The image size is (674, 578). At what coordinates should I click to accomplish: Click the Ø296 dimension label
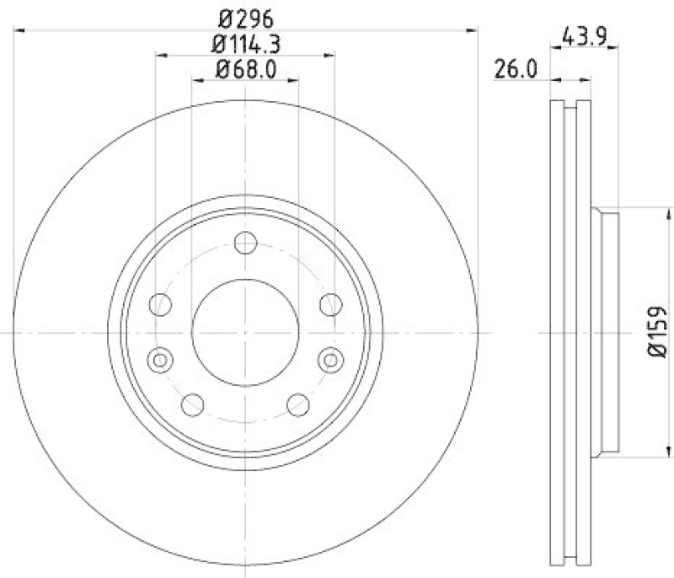(245, 16)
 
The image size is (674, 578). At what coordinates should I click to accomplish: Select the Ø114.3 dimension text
(245, 43)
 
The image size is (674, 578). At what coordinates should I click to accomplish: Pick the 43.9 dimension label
(585, 37)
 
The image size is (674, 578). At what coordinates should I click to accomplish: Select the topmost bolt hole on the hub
(245, 244)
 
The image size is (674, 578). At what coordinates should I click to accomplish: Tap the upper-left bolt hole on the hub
(160, 304)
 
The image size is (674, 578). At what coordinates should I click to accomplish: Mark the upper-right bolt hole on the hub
(330, 304)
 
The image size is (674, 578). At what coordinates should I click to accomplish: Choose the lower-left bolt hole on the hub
(193, 404)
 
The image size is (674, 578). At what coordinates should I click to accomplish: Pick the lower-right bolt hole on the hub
(297, 404)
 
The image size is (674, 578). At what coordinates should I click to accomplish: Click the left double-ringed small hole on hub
(158, 360)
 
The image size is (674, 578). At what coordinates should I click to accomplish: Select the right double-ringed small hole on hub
(332, 360)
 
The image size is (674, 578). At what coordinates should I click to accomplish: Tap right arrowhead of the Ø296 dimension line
(472, 30)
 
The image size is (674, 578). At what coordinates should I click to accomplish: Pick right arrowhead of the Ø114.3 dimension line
(330, 56)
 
